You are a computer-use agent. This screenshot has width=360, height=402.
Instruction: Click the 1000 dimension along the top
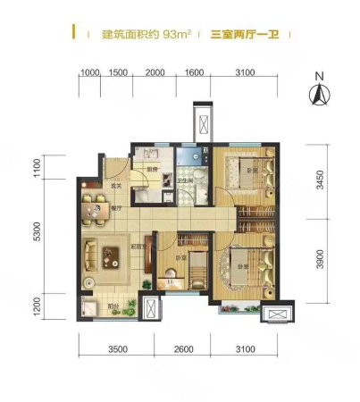[89, 72]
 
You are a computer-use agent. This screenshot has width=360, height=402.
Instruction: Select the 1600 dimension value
[196, 72]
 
